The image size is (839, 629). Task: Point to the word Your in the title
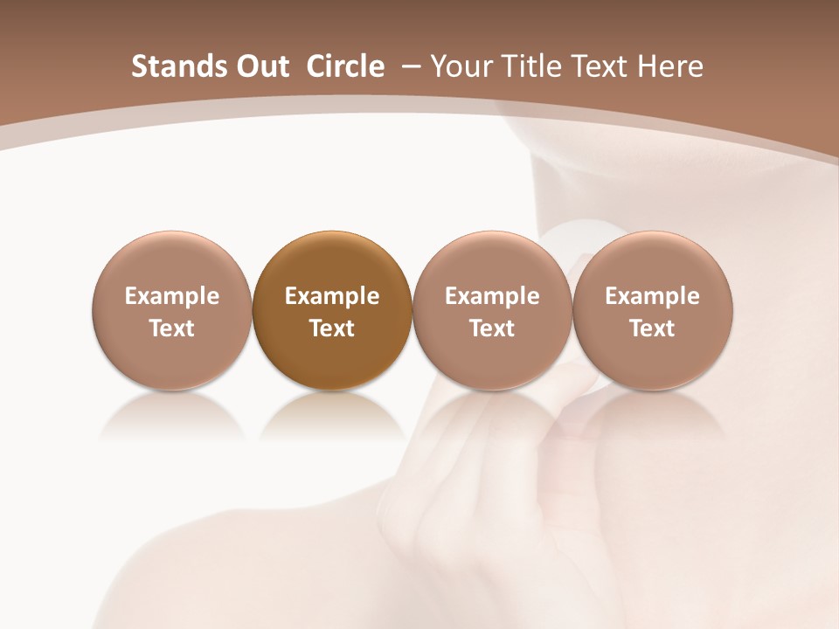462,66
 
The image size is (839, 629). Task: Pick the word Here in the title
670,66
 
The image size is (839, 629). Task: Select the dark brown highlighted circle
332,310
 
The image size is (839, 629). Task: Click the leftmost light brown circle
172,310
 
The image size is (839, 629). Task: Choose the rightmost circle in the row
652,310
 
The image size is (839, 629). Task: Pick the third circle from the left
492,310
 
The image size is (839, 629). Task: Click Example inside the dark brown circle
332,296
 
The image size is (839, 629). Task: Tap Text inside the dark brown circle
332,328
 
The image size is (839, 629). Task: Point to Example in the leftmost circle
172,296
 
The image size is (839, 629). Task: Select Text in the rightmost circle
652,328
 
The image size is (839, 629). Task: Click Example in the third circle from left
492,296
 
